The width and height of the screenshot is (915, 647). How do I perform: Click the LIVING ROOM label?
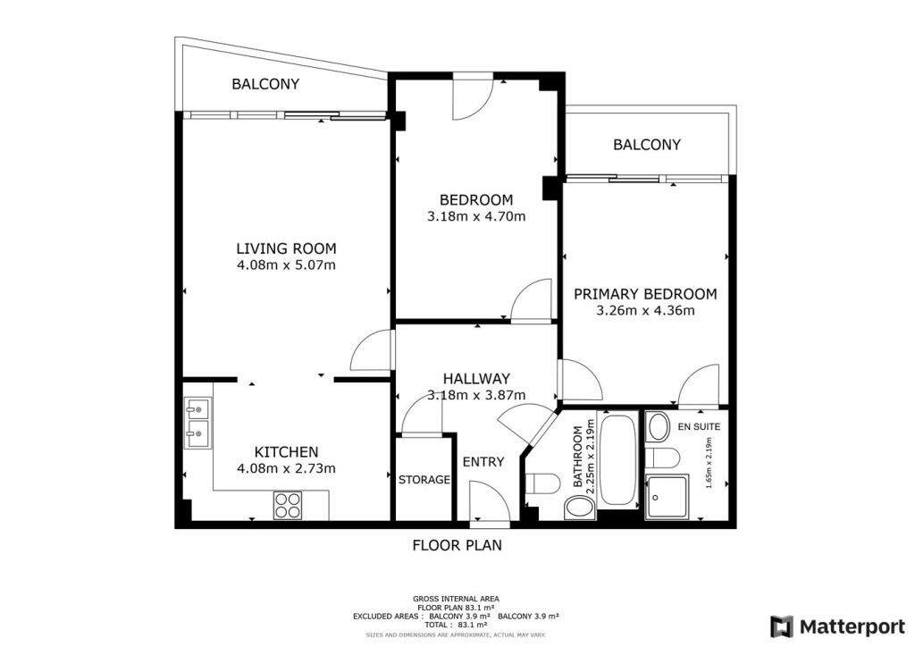(x=286, y=248)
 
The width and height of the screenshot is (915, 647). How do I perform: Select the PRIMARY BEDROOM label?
(x=645, y=294)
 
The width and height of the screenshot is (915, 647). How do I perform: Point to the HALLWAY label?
(x=475, y=379)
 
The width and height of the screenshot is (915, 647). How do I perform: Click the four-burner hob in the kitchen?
(x=288, y=506)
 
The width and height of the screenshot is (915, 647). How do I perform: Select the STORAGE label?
(x=424, y=480)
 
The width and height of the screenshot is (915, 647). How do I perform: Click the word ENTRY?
(x=483, y=462)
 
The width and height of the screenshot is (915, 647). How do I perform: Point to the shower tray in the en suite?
(x=668, y=496)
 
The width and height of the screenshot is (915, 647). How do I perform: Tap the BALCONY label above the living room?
(x=265, y=84)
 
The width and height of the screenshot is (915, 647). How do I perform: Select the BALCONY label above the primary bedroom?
(x=647, y=145)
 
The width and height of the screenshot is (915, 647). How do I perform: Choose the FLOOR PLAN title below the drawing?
(x=457, y=544)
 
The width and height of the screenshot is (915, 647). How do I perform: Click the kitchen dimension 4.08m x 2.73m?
(x=286, y=468)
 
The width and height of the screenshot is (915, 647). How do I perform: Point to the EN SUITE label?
(x=699, y=427)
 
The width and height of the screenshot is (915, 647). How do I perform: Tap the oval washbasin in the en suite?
(x=659, y=426)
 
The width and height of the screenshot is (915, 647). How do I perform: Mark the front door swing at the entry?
(x=487, y=500)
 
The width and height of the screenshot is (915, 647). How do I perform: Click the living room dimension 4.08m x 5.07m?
(x=286, y=265)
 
